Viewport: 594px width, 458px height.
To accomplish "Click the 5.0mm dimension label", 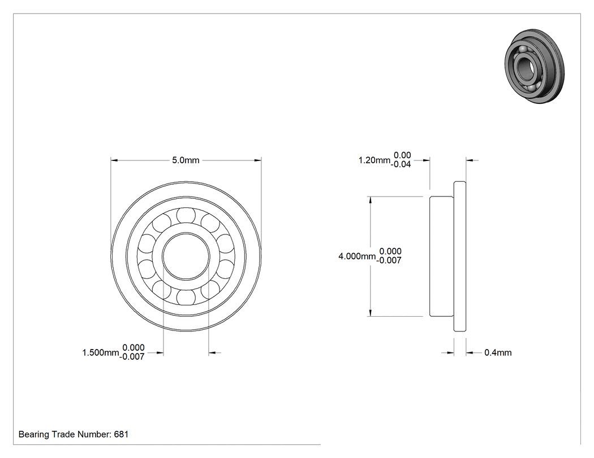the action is [x=186, y=160].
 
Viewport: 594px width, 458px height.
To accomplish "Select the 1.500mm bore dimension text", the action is [x=101, y=353].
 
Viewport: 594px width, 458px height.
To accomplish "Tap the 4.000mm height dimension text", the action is [x=357, y=256].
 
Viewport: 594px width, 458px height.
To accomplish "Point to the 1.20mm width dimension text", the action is [x=375, y=160].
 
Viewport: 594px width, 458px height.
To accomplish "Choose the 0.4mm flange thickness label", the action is [x=498, y=353].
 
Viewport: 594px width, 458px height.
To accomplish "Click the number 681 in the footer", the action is [x=121, y=434].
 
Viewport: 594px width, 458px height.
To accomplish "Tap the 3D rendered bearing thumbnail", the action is [x=535, y=66].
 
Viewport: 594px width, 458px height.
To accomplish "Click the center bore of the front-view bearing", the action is [x=186, y=256].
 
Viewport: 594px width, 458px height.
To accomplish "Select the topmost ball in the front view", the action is [x=186, y=216].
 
